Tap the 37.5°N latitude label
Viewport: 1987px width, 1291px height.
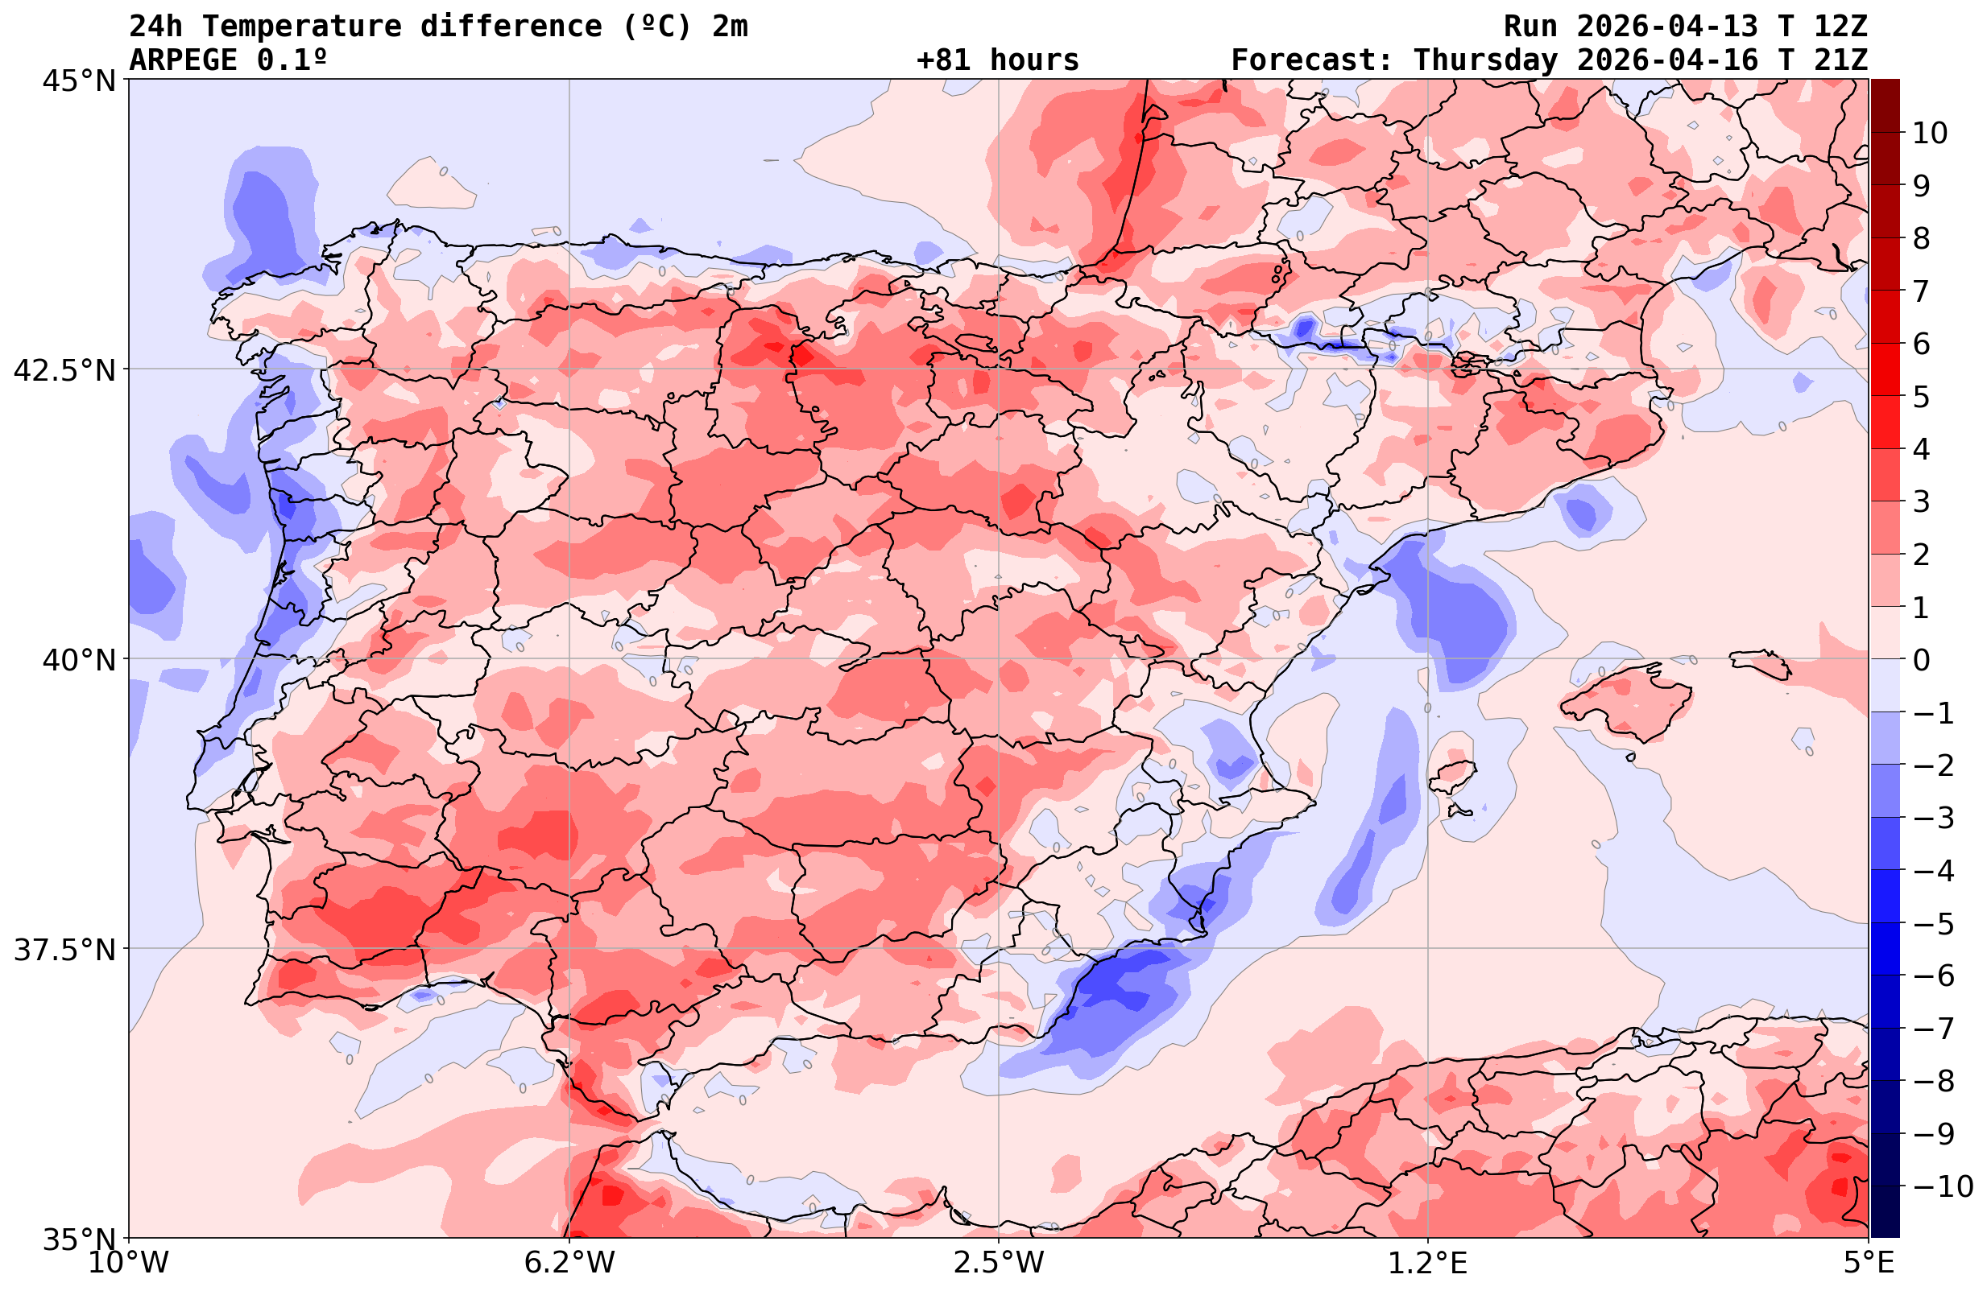click(x=64, y=950)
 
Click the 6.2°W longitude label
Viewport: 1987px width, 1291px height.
click(x=569, y=1263)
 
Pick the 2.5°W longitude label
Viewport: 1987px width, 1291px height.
click(x=999, y=1263)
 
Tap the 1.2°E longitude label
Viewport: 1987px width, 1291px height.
click(x=1428, y=1263)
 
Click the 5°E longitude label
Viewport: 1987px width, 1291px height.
click(x=1869, y=1263)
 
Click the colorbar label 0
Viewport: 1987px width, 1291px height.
click(x=1921, y=660)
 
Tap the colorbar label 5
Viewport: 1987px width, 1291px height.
click(x=1921, y=397)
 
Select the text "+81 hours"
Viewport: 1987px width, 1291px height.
click(x=998, y=60)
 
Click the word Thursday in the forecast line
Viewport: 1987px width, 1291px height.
click(x=1485, y=60)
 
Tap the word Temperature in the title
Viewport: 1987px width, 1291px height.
click(x=310, y=27)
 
